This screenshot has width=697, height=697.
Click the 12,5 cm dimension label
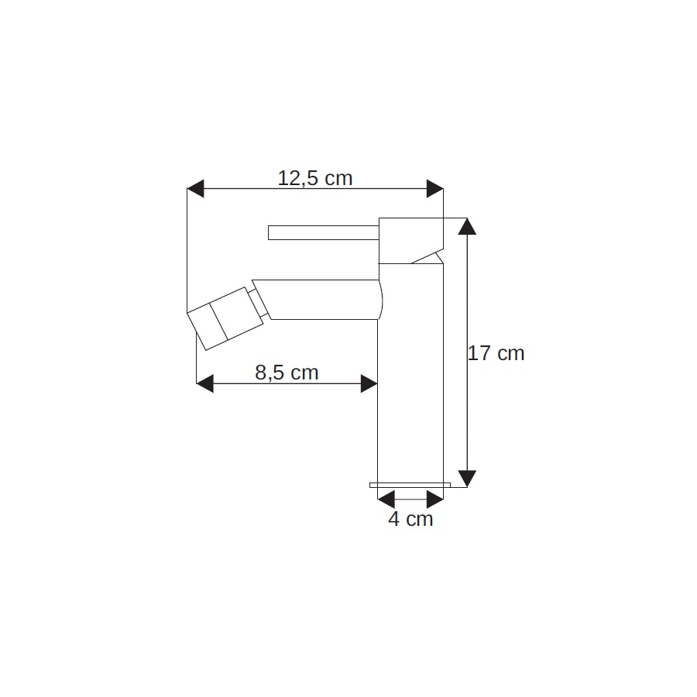[315, 178]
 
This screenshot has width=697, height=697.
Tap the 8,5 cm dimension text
[287, 373]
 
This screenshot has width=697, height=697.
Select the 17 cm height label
[496, 353]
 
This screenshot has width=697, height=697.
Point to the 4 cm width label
[410, 519]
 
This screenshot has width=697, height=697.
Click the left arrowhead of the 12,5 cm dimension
[195, 188]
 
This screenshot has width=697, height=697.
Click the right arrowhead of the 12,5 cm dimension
[434, 188]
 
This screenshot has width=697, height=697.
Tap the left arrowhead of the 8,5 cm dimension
[205, 383]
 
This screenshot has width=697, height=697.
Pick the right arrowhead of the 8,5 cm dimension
[369, 383]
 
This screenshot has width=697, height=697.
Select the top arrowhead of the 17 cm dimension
[467, 226]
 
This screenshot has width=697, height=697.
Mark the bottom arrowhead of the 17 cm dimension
[467, 479]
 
